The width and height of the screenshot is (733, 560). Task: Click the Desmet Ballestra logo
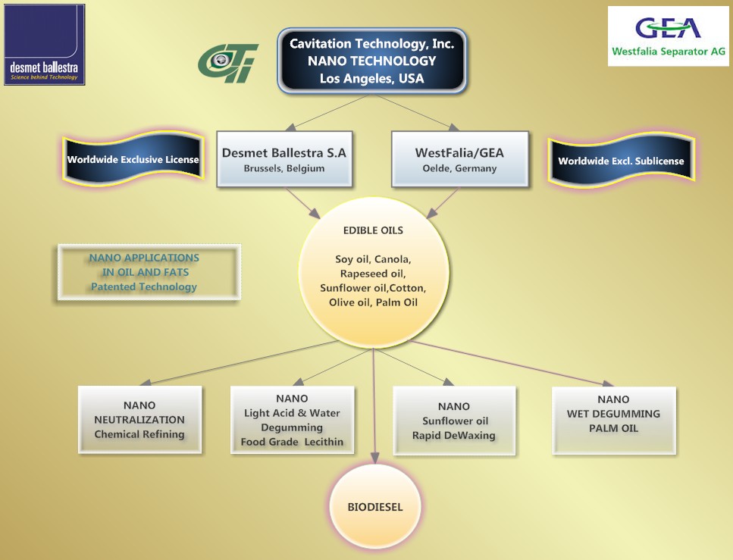pos(45,45)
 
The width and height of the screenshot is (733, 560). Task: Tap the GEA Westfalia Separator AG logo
pos(669,36)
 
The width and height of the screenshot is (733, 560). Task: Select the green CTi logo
pos(227,63)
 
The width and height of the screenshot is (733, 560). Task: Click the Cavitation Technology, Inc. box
pos(371,61)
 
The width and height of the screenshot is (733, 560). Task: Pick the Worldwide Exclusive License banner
pos(133,159)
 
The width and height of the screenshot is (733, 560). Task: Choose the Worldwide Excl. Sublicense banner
pos(622,161)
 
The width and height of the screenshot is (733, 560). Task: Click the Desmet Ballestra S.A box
pos(284,159)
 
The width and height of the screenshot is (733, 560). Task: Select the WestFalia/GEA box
pos(460,159)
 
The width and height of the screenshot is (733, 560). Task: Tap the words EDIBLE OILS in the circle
pos(373,230)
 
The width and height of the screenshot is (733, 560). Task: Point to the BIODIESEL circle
pos(375,507)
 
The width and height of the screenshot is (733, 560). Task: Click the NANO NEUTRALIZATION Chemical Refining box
pos(139,420)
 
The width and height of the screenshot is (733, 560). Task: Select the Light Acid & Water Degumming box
pos(292,420)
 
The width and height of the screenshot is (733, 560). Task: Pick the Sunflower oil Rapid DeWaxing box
pos(454,421)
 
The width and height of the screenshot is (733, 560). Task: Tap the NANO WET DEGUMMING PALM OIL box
pos(614,421)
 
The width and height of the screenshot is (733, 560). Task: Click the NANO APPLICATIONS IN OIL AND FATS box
pos(149,272)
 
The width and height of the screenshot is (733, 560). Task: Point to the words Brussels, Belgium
pos(284,168)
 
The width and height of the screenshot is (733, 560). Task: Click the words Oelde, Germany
pos(460,168)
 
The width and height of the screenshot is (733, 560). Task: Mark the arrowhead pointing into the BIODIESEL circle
pos(374,458)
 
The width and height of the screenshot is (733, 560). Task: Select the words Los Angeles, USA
pos(371,79)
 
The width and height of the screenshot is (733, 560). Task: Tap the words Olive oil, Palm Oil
pos(373,302)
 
